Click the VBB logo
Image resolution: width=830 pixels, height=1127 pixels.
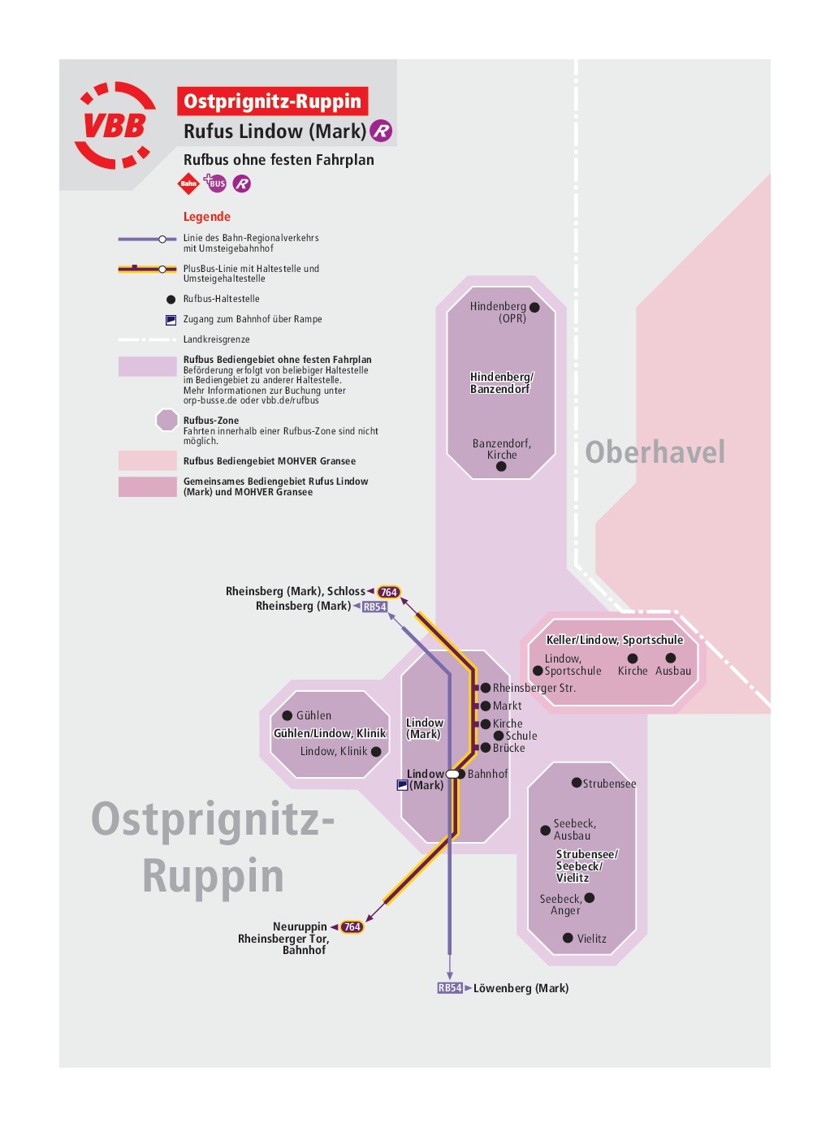(x=115, y=125)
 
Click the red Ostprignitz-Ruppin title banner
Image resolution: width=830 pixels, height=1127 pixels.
(x=272, y=101)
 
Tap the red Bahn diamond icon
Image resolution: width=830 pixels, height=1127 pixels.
(x=188, y=184)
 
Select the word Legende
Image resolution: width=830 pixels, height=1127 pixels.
(x=207, y=217)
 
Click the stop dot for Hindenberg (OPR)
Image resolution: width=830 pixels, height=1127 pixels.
(x=534, y=308)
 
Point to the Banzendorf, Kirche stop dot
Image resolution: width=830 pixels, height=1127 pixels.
(x=501, y=466)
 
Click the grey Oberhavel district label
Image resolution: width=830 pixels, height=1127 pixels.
(x=655, y=451)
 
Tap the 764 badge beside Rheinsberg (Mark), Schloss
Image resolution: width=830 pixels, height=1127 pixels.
(x=388, y=592)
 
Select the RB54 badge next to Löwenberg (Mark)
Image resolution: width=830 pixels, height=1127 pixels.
(x=450, y=987)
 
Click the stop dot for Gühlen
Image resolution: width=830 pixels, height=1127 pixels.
(x=287, y=715)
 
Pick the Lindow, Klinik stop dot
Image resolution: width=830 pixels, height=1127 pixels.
(x=376, y=752)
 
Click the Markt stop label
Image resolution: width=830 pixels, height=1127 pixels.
(x=507, y=706)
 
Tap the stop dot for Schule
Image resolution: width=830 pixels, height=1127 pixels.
(x=499, y=736)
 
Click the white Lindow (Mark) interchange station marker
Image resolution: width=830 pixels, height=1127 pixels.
(x=453, y=775)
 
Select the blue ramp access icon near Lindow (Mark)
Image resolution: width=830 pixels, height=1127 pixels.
(x=402, y=785)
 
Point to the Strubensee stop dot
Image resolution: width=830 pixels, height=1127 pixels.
(x=577, y=783)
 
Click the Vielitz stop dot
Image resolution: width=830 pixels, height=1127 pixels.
(x=568, y=938)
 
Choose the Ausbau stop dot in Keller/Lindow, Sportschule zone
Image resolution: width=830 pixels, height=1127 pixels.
(x=671, y=658)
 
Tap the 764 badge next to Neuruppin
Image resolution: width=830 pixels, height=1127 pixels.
(x=352, y=926)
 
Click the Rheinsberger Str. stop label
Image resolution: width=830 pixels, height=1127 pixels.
(x=534, y=688)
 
